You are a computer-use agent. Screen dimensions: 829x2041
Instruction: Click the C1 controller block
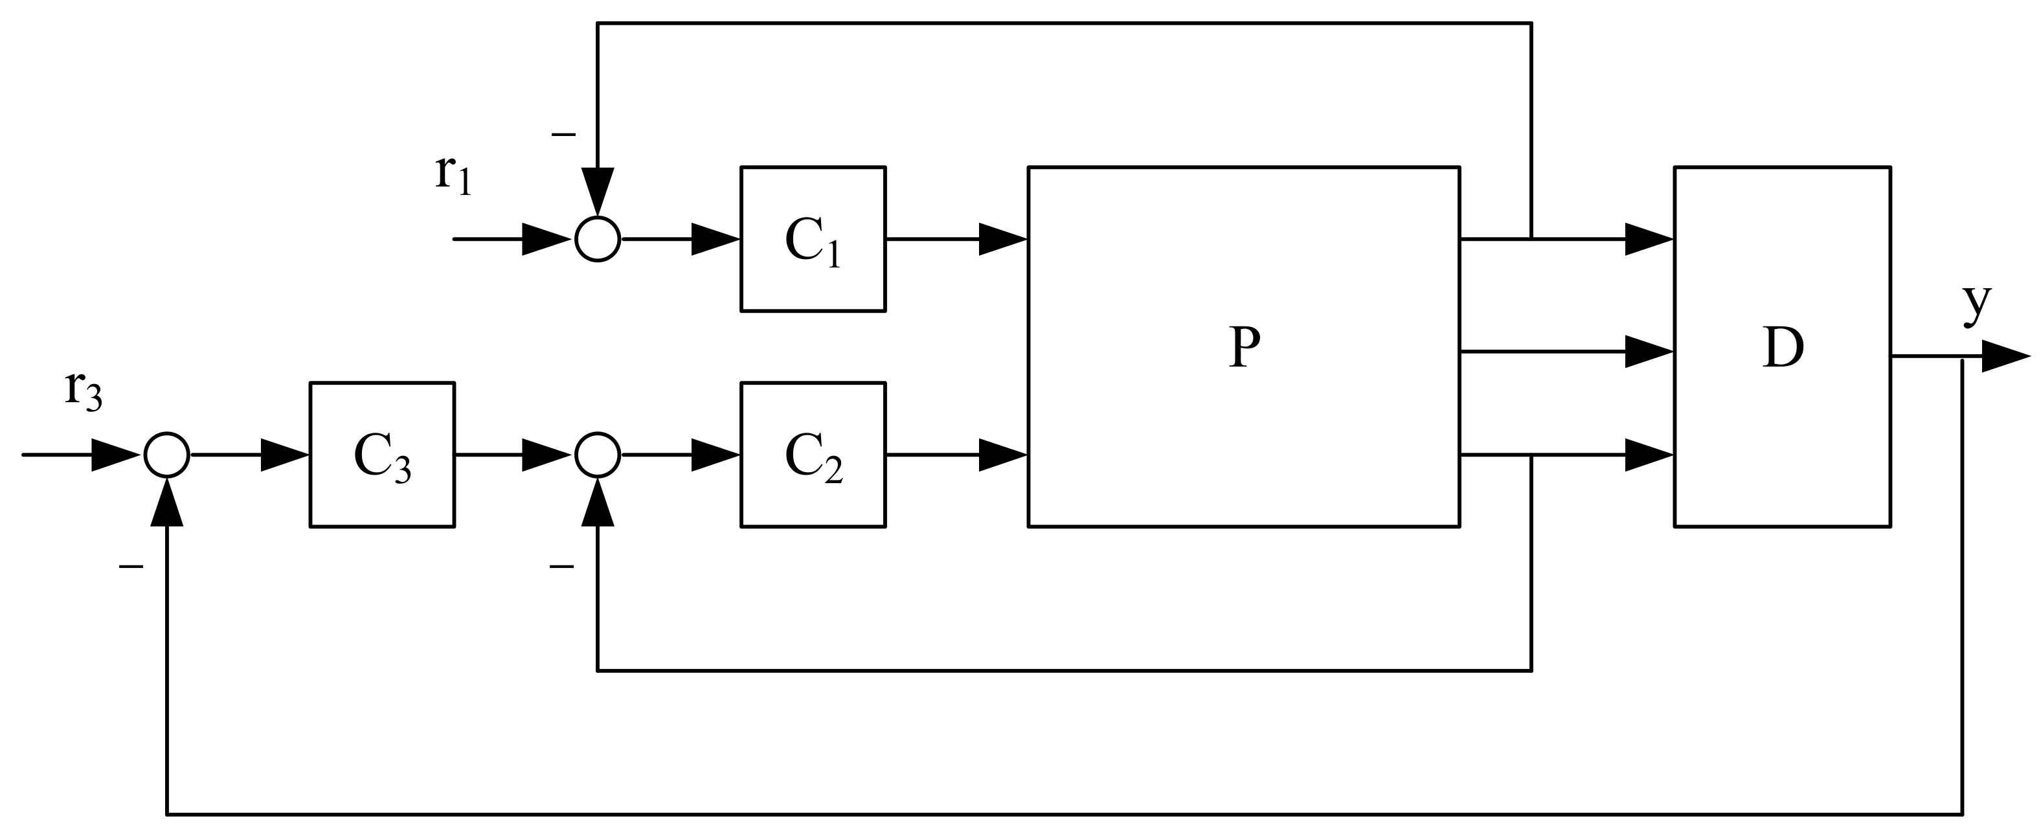click(x=812, y=238)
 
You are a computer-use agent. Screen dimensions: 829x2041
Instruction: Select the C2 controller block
click(x=812, y=455)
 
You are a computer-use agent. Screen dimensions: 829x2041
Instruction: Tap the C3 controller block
click(x=382, y=455)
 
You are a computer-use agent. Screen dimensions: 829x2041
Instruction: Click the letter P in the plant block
click(x=1244, y=347)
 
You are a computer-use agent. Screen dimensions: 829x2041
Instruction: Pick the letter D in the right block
click(x=1783, y=347)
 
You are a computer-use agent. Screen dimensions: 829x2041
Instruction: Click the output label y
click(x=1977, y=305)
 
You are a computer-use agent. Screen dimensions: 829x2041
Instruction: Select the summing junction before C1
click(x=598, y=238)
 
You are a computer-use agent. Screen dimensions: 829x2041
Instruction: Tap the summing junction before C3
click(x=166, y=455)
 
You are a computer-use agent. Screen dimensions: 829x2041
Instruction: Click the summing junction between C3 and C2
click(x=598, y=455)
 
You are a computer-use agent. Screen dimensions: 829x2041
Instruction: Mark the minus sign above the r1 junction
click(x=563, y=135)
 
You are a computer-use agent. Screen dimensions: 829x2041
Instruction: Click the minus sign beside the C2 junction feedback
click(x=561, y=567)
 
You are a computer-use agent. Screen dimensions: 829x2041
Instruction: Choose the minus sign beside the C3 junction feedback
click(x=131, y=567)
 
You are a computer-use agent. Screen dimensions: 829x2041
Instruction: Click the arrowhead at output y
click(x=2005, y=357)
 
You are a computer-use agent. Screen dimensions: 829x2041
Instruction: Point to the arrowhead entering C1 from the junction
click(x=715, y=238)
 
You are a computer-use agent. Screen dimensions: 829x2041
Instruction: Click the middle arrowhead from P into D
click(x=1648, y=351)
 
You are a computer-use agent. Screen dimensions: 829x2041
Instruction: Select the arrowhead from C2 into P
click(x=1002, y=455)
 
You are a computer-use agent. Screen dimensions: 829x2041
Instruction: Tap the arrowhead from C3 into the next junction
click(x=545, y=455)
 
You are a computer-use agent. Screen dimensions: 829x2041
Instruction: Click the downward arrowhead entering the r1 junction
click(x=598, y=190)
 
